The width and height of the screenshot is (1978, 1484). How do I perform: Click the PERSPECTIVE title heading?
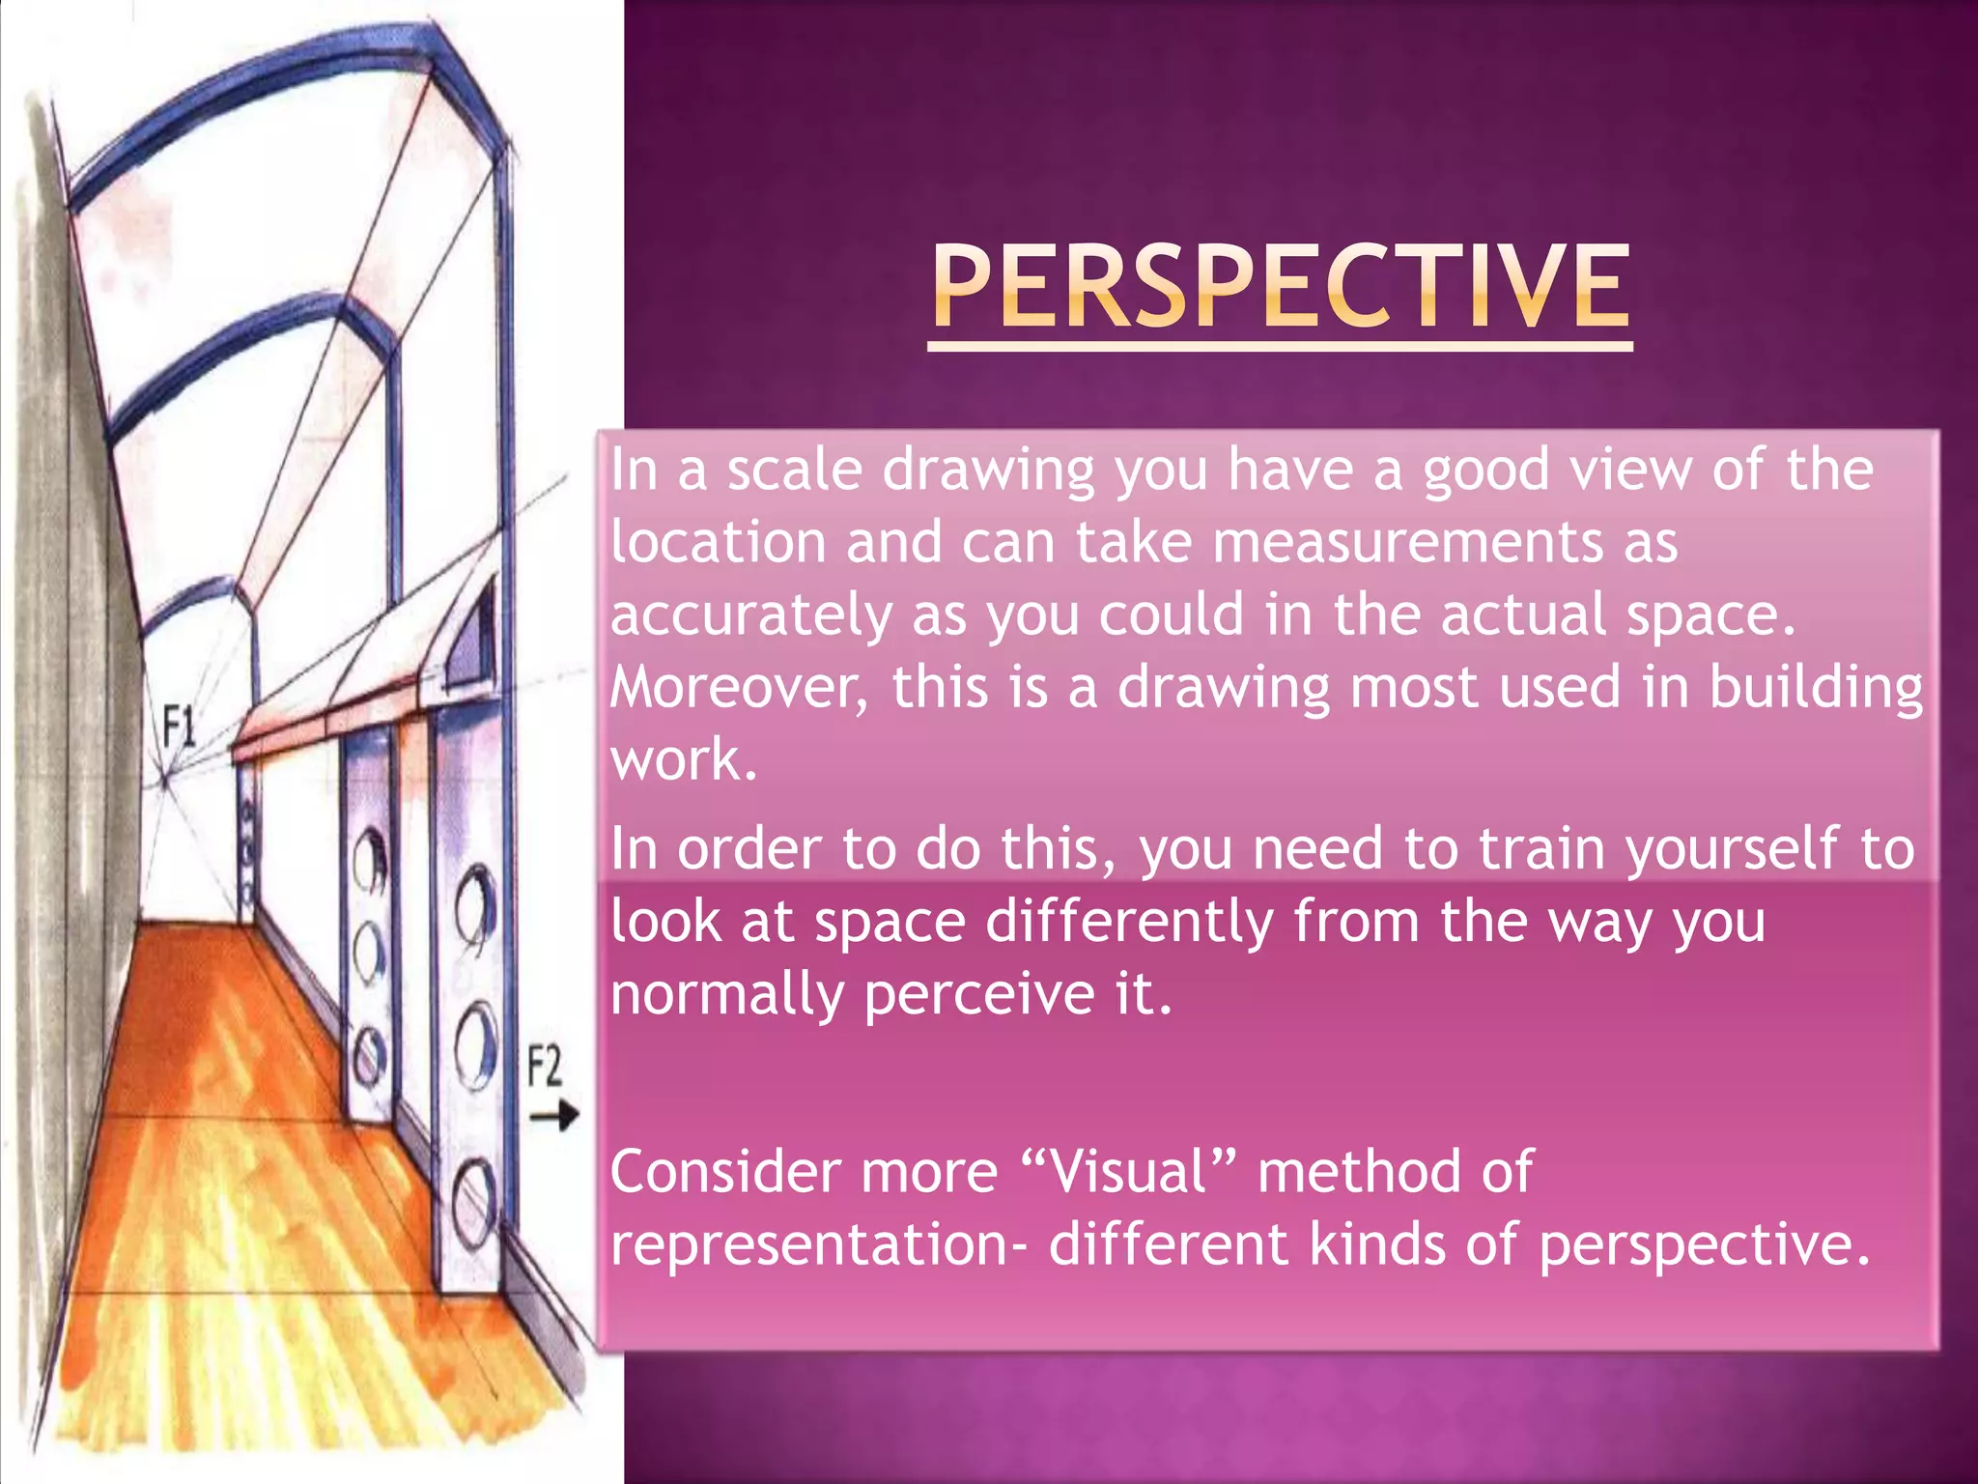1281,287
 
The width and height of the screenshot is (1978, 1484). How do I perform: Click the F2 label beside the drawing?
545,1067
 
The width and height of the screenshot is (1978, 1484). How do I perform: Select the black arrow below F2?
553,1117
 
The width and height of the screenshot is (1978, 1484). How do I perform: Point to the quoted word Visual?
1127,1173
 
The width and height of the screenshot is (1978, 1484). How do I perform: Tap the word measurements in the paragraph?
1406,542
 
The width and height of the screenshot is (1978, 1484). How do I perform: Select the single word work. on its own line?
683,760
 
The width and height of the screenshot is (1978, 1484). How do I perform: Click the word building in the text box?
1816,688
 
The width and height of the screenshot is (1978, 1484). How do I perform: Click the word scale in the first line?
794,471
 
